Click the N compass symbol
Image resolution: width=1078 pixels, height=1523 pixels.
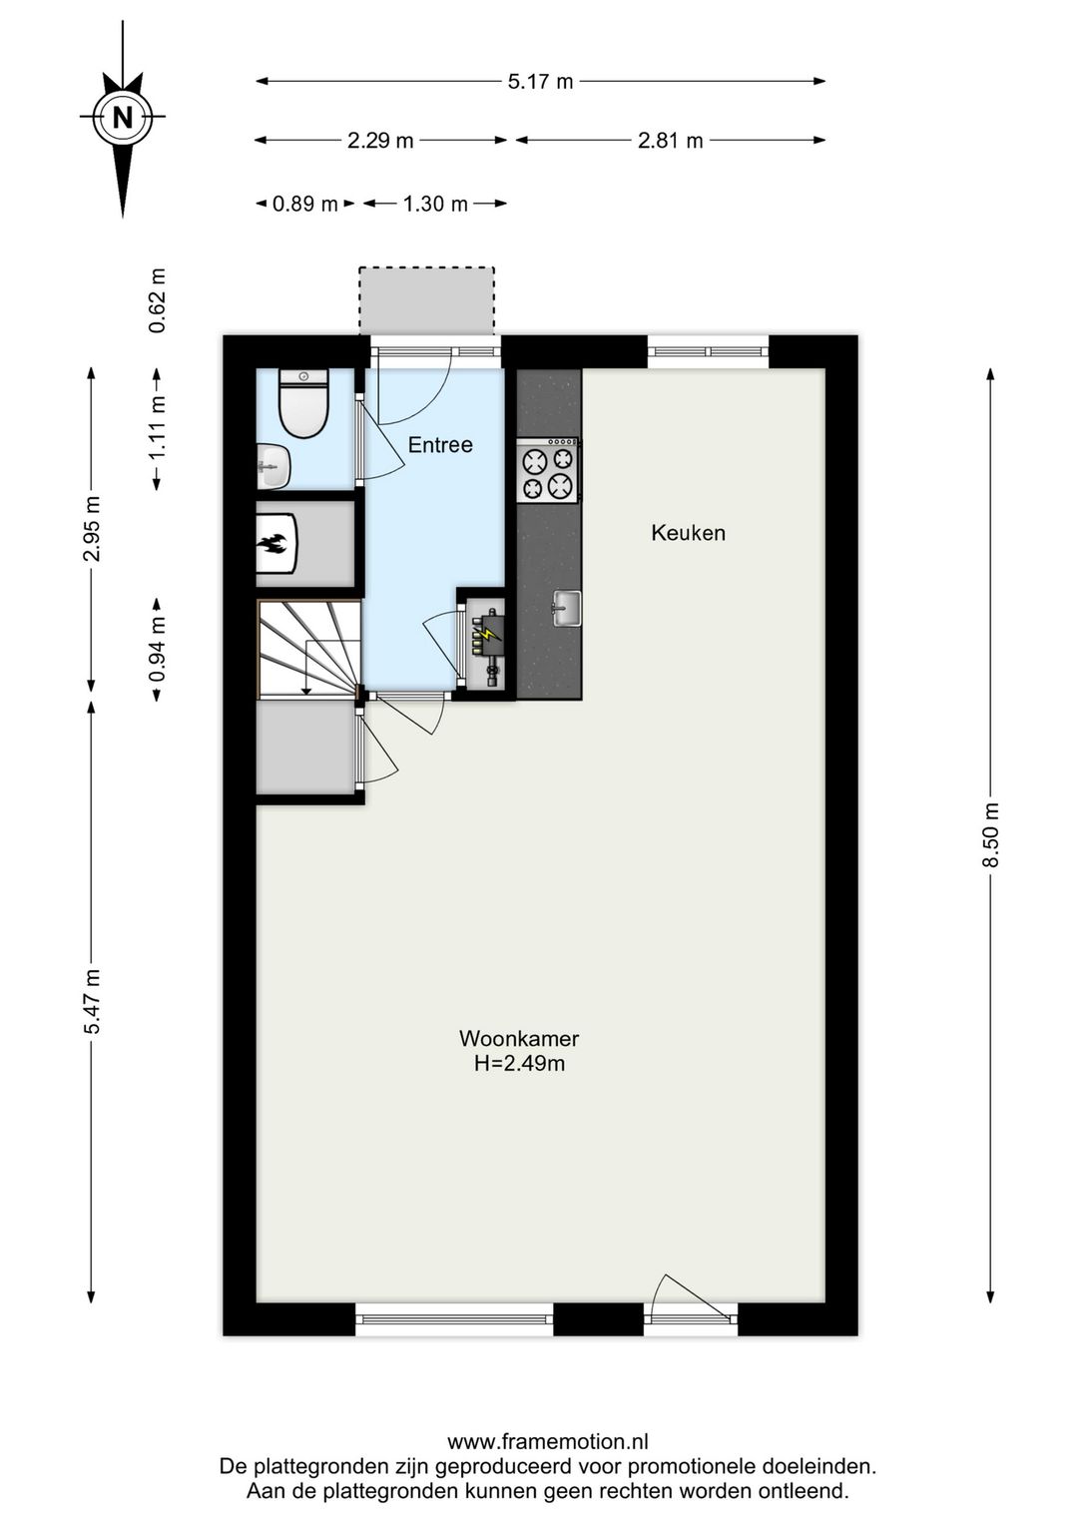[x=123, y=119]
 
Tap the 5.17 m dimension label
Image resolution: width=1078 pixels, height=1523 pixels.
[x=541, y=82]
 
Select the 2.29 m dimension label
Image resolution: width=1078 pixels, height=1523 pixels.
[x=381, y=141]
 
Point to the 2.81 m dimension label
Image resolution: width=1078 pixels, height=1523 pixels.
[x=670, y=141]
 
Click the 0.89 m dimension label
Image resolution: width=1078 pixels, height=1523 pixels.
[x=305, y=204]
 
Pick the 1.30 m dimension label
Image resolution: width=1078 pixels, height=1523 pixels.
[x=435, y=204]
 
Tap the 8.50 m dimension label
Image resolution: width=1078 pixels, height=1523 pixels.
[x=991, y=835]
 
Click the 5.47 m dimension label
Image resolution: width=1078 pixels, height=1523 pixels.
[x=92, y=1001]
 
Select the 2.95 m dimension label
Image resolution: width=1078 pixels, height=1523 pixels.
[x=92, y=529]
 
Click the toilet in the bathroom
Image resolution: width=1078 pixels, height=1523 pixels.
[x=304, y=402]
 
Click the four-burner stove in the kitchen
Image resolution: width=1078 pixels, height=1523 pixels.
[x=548, y=470]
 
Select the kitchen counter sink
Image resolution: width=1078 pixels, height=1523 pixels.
[x=567, y=607]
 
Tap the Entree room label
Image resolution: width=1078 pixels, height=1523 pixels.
[x=440, y=445]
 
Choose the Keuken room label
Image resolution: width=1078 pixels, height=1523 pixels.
[x=689, y=532]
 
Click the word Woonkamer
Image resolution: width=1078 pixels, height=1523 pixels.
[x=519, y=1038]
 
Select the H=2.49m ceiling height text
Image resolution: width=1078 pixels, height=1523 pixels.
[x=520, y=1063]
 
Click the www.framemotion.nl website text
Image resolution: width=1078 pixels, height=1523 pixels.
[x=548, y=1442]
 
